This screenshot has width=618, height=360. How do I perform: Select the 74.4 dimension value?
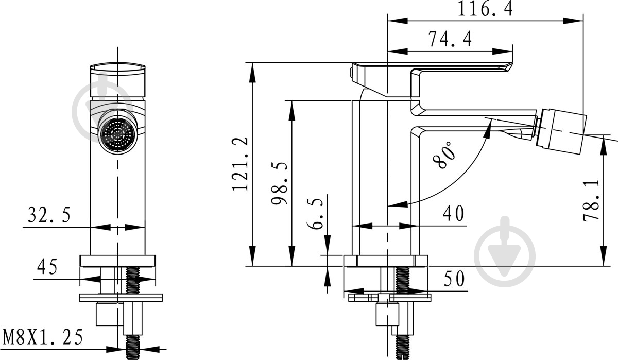(x=450, y=39)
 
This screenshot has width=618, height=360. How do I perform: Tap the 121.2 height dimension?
(x=240, y=164)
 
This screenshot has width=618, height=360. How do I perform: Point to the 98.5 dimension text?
(x=279, y=183)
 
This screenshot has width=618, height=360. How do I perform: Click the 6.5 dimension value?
(x=315, y=214)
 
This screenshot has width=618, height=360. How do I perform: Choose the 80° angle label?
(x=443, y=155)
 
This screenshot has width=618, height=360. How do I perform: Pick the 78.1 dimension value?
(x=591, y=200)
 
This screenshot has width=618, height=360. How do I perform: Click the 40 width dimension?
(x=453, y=214)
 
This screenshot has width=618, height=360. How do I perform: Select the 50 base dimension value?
(x=454, y=279)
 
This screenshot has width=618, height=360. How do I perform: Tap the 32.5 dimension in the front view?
(x=49, y=215)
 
